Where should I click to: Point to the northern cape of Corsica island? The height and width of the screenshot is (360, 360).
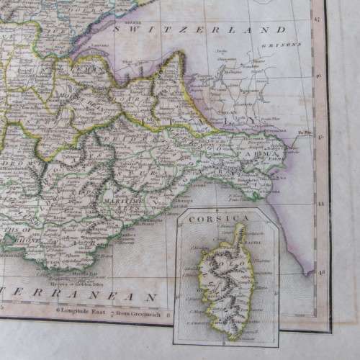point(242,228)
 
